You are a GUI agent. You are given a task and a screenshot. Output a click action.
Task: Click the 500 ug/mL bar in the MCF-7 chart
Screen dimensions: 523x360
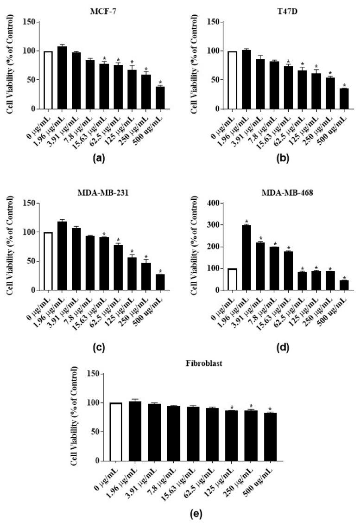point(160,98)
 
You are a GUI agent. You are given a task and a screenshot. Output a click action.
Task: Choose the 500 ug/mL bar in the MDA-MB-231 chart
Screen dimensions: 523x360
point(160,282)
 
